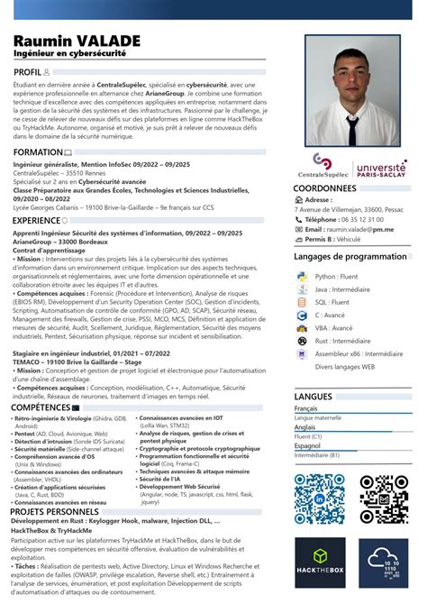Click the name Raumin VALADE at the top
77,41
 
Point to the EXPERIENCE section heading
37,220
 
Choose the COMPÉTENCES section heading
41,407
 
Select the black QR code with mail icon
384,498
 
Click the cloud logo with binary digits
384,564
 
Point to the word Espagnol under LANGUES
307,445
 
